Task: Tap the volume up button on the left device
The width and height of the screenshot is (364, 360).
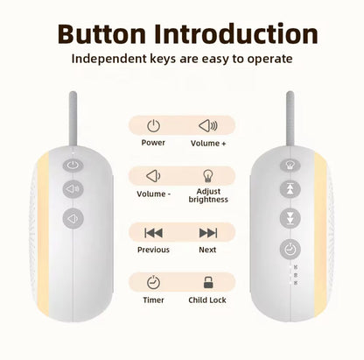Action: (x=72, y=187)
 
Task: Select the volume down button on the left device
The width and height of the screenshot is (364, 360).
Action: (x=72, y=217)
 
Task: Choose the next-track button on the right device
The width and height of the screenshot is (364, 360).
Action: (x=288, y=219)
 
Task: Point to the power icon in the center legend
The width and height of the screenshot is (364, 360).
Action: (x=153, y=126)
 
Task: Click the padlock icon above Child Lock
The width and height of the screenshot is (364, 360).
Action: (x=208, y=282)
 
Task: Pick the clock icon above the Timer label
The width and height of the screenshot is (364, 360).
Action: (x=153, y=282)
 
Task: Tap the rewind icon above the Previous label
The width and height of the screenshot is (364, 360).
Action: (x=153, y=232)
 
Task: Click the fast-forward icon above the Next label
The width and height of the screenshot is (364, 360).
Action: (x=208, y=232)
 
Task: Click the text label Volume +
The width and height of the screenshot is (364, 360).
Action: (x=208, y=143)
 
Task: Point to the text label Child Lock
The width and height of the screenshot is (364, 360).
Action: (x=208, y=300)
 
